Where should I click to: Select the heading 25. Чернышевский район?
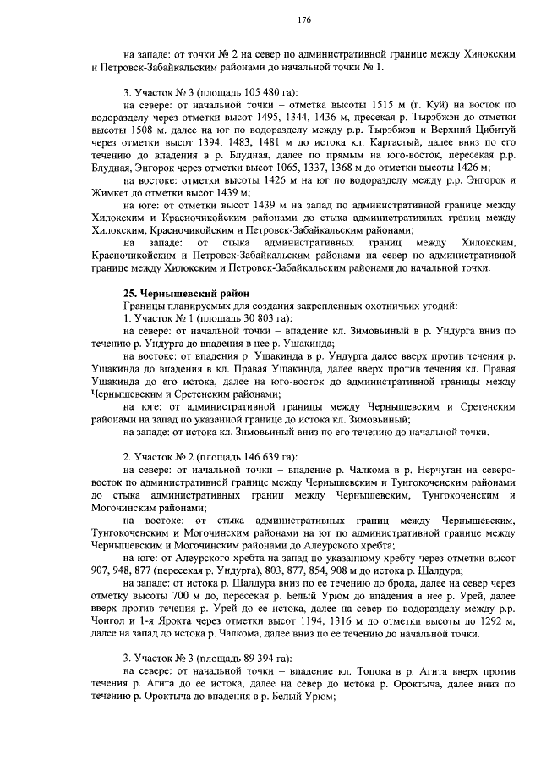tap(174, 292)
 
